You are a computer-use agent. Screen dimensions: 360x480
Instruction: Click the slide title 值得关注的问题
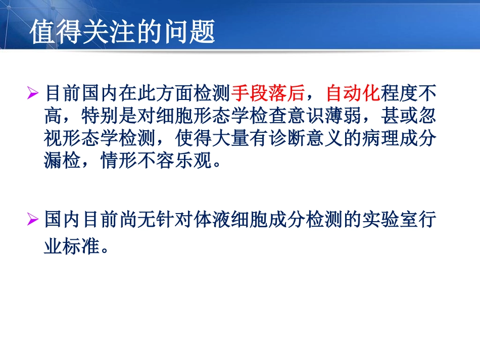click(x=122, y=33)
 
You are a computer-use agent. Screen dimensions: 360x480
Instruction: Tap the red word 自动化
click(x=353, y=93)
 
